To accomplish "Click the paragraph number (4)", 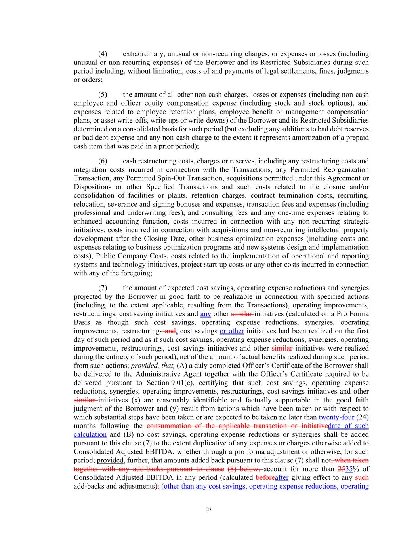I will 103,54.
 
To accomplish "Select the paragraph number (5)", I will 103,95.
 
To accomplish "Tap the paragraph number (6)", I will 103,161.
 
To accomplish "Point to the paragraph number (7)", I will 103,288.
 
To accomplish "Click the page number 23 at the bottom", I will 209,510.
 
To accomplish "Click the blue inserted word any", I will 206,314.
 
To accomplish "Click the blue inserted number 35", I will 349,469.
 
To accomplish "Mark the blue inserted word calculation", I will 90,434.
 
